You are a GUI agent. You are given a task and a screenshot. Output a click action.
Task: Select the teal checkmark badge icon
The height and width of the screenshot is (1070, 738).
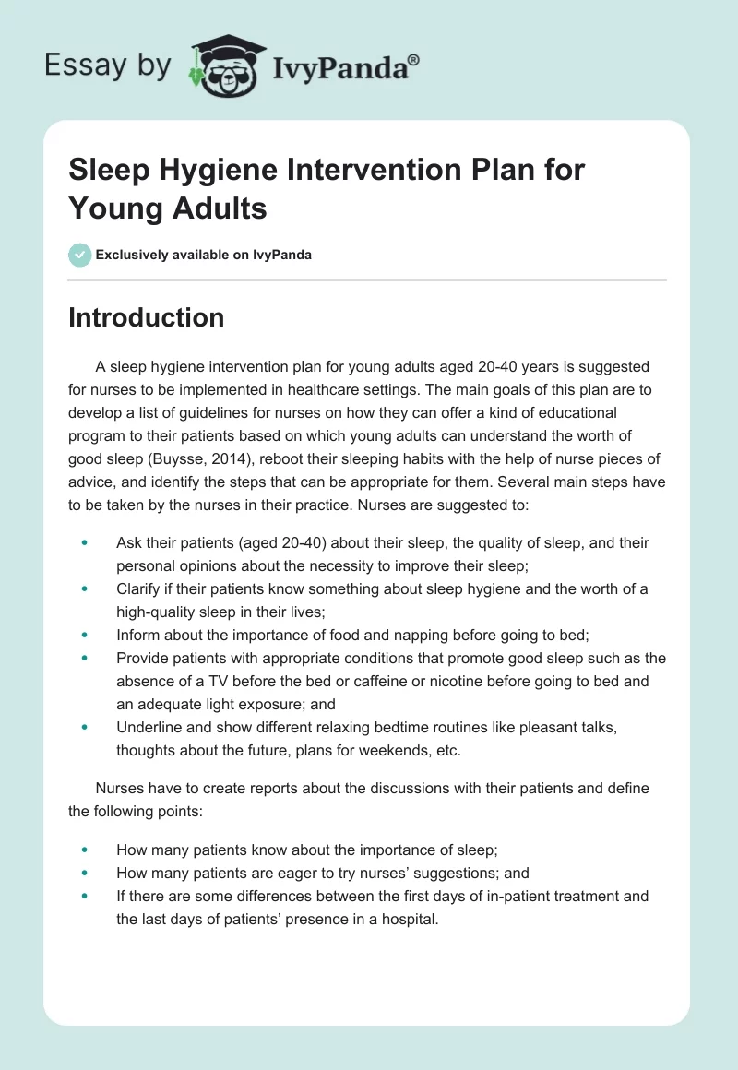point(80,255)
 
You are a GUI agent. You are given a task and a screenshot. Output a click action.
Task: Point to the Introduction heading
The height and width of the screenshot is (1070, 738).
point(147,317)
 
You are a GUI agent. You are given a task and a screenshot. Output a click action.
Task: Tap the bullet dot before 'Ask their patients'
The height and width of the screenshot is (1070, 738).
point(86,543)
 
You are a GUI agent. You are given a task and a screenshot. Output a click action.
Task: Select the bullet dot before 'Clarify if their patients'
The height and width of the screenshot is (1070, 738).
point(86,588)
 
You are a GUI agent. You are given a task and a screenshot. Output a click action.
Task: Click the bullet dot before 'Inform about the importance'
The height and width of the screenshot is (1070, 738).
point(86,635)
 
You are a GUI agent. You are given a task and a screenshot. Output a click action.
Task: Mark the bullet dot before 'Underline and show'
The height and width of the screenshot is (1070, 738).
point(86,727)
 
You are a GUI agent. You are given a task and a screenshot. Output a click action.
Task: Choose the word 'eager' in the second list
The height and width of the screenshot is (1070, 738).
point(276,873)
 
